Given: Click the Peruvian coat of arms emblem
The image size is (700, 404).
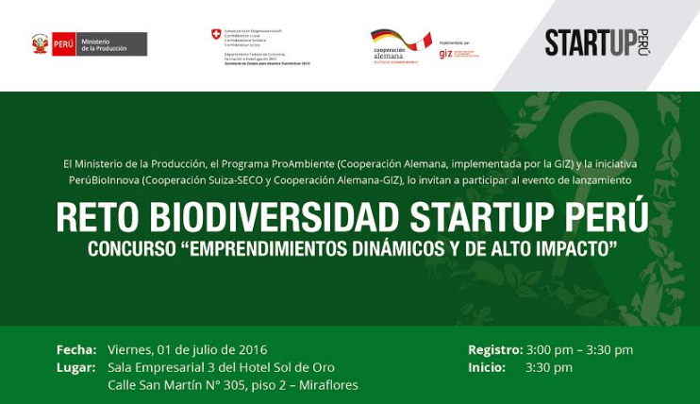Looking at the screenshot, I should click(40, 44).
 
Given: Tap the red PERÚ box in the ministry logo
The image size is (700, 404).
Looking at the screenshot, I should click(63, 44).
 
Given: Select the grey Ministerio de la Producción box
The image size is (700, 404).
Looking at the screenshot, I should click(111, 44).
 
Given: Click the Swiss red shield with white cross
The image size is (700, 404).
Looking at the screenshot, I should click(216, 35).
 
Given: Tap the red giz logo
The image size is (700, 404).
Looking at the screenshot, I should click(445, 54).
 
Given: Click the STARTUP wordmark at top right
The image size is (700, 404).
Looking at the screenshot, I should click(591, 42).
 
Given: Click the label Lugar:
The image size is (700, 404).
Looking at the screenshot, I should click(76, 367).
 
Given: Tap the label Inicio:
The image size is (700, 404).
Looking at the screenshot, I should click(487, 367).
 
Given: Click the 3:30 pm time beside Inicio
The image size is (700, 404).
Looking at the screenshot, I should click(549, 367).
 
